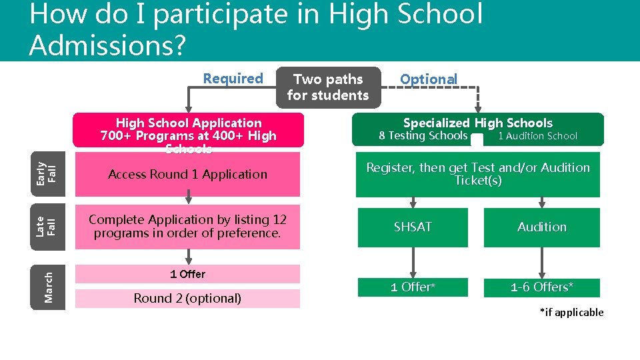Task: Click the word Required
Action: pos(233,79)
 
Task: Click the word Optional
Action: pos(429,79)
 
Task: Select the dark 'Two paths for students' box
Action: pos(328,87)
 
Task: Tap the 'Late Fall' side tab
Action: pos(48,227)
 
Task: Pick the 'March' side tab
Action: pos(48,287)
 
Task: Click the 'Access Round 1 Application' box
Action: pos(187,175)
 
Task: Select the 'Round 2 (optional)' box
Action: pos(187,299)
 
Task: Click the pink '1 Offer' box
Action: pos(187,274)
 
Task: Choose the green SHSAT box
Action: pos(413,227)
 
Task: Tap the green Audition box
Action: pos(541,227)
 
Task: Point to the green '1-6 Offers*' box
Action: pos(541,287)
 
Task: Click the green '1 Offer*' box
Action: pos(413,287)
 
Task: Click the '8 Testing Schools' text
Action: pos(423,136)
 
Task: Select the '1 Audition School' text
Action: pos(537,136)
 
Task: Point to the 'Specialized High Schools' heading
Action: pos(477,123)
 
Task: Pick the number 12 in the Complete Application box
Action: pos(279,219)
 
